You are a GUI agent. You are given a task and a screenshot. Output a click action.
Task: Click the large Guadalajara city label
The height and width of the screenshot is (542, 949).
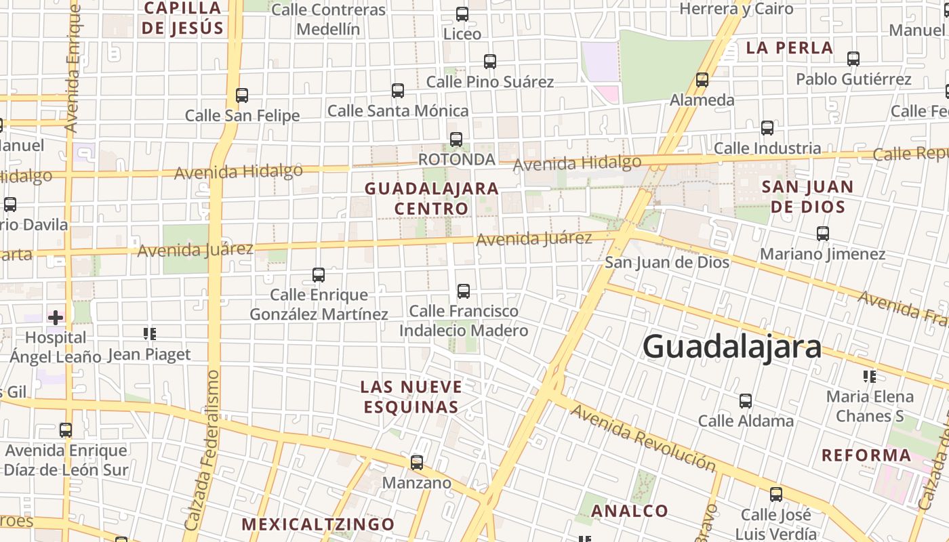(732, 346)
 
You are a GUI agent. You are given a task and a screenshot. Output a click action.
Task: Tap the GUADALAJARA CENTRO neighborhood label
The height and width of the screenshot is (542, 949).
(432, 199)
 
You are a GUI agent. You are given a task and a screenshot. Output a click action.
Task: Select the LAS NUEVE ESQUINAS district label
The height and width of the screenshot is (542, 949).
(411, 397)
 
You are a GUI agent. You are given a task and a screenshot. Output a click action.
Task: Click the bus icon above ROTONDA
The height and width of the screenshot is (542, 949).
(456, 140)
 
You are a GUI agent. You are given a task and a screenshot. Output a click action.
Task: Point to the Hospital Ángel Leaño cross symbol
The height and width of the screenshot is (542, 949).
(56, 316)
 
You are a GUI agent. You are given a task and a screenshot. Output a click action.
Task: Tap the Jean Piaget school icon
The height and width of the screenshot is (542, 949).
(150, 333)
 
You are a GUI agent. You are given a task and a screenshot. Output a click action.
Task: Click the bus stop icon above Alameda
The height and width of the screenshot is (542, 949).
(702, 80)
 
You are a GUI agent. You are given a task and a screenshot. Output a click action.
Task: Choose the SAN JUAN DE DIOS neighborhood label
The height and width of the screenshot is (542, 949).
(807, 196)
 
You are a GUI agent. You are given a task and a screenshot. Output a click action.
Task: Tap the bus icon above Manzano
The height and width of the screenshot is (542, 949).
(417, 463)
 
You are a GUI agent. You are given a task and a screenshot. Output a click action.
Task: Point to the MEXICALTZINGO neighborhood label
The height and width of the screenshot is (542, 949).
(318, 524)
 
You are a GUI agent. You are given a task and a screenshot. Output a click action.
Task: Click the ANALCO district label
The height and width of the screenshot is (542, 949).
(630, 511)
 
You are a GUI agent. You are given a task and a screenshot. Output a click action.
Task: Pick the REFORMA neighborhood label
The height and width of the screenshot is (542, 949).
(866, 455)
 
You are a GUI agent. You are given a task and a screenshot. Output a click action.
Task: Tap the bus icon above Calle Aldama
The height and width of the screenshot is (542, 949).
(746, 401)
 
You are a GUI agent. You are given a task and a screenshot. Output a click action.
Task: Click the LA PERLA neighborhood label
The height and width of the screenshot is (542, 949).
(790, 48)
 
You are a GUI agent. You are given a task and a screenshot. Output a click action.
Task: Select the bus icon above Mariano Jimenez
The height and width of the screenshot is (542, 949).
(823, 234)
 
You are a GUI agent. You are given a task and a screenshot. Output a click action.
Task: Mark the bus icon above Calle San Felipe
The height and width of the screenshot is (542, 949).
(242, 96)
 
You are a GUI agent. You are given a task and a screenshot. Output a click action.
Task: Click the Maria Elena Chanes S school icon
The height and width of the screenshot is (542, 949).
(870, 376)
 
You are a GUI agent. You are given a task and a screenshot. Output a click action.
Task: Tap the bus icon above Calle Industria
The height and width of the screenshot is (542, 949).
(767, 127)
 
